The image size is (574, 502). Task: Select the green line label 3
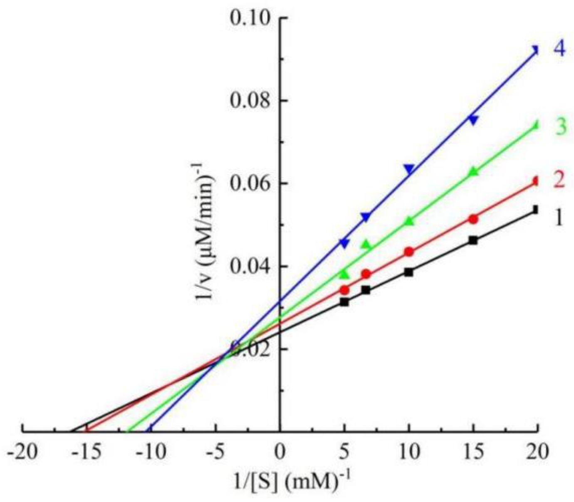(x=561, y=126)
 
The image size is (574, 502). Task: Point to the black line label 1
(x=559, y=218)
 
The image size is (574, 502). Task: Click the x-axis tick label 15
(x=473, y=452)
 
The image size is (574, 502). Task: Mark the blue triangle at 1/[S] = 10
(x=409, y=169)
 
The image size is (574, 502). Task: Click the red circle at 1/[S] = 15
(x=473, y=219)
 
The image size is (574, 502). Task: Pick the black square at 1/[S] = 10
(x=409, y=272)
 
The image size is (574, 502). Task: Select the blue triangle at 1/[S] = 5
(x=344, y=243)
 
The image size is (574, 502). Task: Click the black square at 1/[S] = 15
(x=473, y=240)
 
